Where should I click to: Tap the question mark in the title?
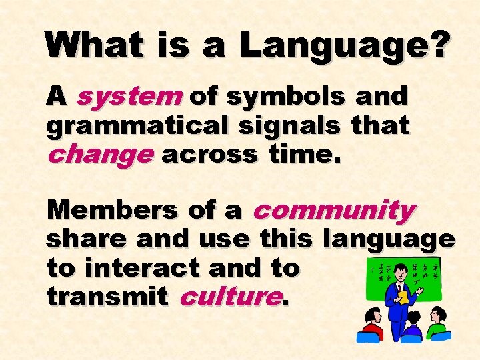(439, 45)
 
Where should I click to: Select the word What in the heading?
(93, 45)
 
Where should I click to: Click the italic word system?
(129, 97)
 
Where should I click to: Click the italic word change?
(100, 155)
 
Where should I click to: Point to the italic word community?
(333, 211)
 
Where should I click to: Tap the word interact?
(141, 267)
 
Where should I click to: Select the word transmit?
(107, 297)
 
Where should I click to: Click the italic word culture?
(229, 297)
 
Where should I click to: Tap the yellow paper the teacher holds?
(403, 297)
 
